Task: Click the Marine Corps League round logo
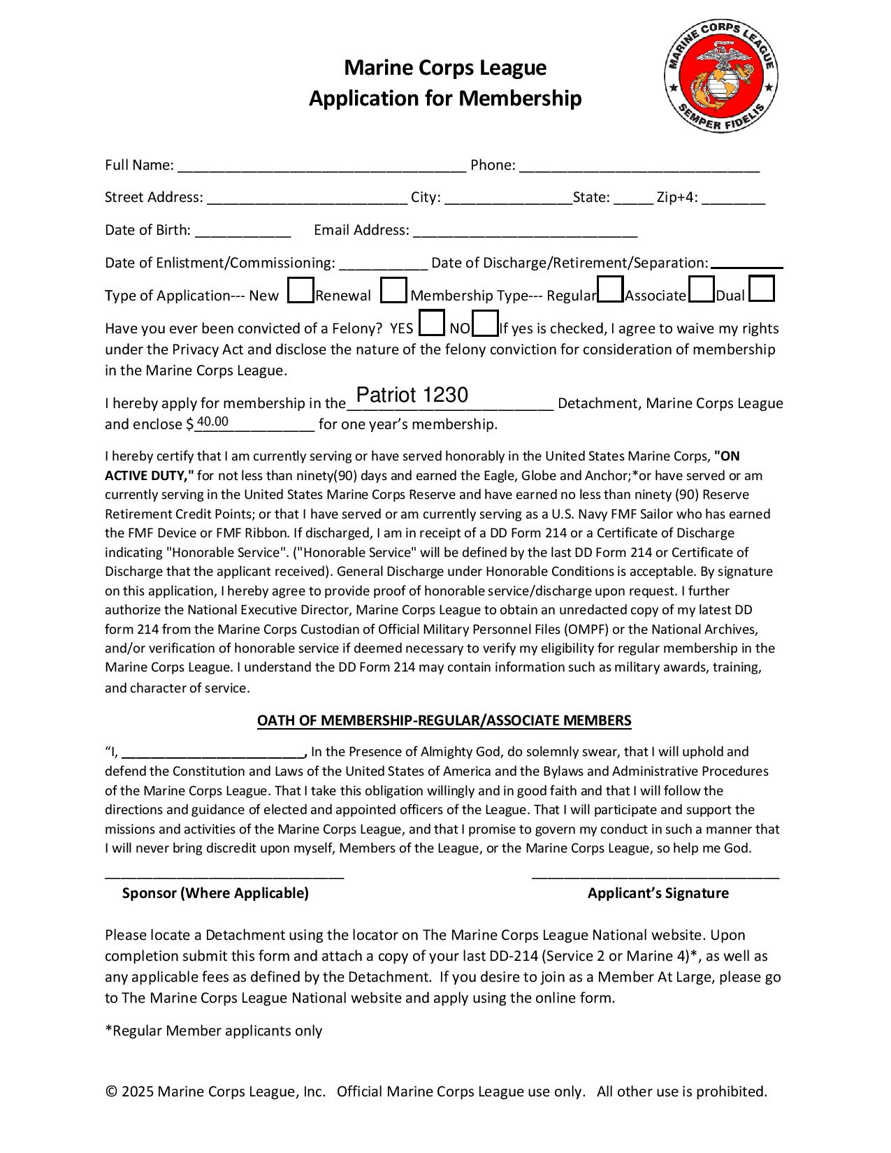click(x=720, y=76)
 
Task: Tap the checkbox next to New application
click(x=300, y=291)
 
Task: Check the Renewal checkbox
click(x=393, y=291)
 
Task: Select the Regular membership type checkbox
click(x=611, y=290)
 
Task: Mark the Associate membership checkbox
click(x=701, y=290)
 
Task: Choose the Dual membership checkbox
click(x=761, y=289)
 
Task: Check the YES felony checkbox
click(x=431, y=324)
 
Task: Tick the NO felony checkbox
click(x=485, y=324)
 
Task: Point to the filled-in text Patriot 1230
click(x=412, y=396)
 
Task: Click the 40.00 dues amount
click(x=212, y=421)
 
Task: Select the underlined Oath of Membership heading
click(x=444, y=720)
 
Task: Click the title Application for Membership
click(x=445, y=99)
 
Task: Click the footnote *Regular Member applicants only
click(x=213, y=1031)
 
